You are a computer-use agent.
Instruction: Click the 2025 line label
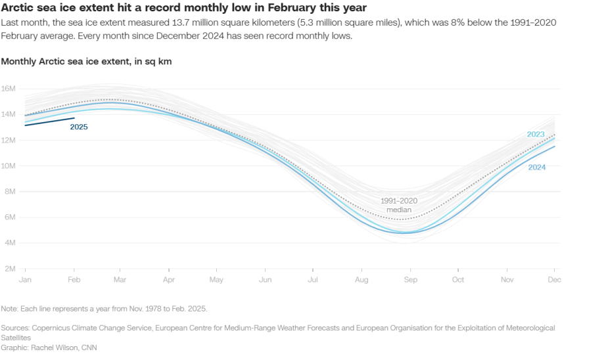pos(79,127)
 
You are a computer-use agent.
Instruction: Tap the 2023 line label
pos(536,134)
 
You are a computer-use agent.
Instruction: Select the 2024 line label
pos(537,167)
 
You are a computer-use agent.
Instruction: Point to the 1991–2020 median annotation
pos(398,205)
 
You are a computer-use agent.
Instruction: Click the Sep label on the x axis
pos(410,280)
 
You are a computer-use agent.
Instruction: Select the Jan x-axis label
pos(26,280)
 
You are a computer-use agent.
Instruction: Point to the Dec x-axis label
pos(555,280)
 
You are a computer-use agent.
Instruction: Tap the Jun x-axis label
pos(266,280)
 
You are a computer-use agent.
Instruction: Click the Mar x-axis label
pos(120,280)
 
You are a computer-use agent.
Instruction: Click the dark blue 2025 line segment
pos(50,122)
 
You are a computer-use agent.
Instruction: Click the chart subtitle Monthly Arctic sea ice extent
pos(87,61)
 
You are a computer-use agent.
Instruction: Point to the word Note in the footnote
pos(9,308)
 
